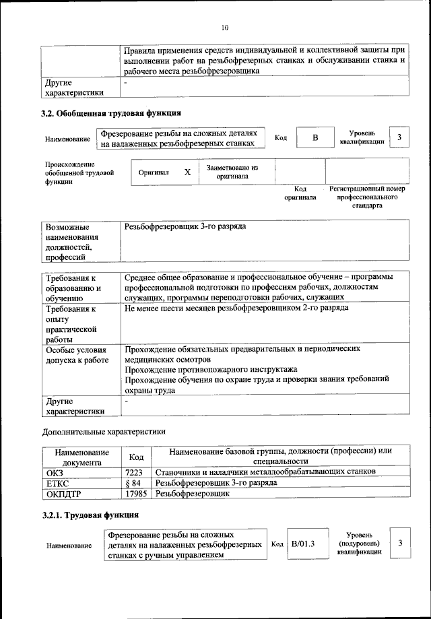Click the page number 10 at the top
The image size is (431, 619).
(x=225, y=27)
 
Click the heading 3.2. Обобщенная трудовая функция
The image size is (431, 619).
(x=111, y=112)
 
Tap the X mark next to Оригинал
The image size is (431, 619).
(x=188, y=172)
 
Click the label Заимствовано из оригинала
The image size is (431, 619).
(x=232, y=172)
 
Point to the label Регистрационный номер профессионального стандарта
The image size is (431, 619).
(x=368, y=197)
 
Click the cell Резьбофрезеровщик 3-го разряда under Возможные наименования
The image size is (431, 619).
(x=185, y=226)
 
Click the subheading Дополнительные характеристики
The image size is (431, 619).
(x=103, y=431)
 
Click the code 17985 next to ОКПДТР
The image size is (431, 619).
(x=136, y=494)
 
